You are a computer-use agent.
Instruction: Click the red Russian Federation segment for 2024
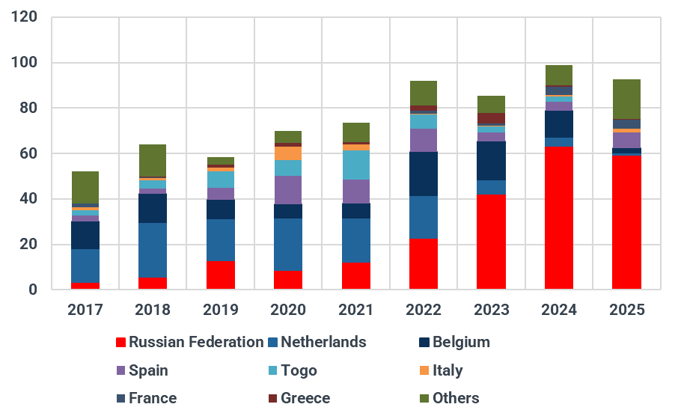tap(559, 217)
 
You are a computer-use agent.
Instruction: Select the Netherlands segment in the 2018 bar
tap(153, 250)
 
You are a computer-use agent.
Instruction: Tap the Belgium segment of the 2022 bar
tap(424, 174)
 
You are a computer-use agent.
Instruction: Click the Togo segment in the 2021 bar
tap(356, 165)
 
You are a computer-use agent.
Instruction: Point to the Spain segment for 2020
tap(288, 190)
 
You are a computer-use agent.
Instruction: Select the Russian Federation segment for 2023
tap(491, 241)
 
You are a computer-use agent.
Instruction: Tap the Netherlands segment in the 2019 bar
tap(221, 240)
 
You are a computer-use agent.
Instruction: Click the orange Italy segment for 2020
tap(288, 153)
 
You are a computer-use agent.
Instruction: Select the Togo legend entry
tap(291, 370)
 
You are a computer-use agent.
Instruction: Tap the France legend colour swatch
tap(120, 398)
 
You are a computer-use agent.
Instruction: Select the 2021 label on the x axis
tap(356, 310)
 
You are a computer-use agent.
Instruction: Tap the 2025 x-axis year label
tap(626, 310)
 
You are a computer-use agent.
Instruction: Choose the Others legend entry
tap(449, 398)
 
